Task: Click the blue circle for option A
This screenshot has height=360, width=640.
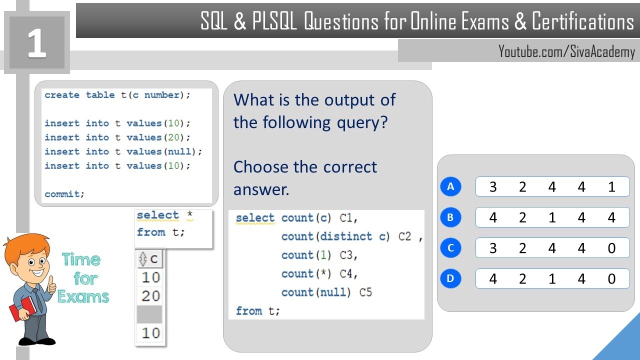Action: point(450,186)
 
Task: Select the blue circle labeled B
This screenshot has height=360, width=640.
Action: point(450,217)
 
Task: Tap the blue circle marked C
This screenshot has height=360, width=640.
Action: point(450,247)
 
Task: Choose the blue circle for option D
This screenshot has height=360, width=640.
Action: point(450,278)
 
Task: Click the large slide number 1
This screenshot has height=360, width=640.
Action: point(37,43)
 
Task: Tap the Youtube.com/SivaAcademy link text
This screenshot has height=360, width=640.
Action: point(566,51)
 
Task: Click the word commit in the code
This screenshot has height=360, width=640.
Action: point(62,194)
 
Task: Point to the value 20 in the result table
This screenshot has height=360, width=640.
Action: point(150,296)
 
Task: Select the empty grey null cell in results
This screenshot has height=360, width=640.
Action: point(149,314)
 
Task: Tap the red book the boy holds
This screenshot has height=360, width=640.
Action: point(23,308)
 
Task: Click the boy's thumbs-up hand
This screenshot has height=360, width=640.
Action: point(51,285)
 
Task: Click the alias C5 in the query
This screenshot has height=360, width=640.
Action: point(365,292)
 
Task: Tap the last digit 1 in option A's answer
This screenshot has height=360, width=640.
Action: point(611,187)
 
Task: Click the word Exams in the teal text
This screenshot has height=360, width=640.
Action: point(83,296)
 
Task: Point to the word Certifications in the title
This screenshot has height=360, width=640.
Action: point(583,21)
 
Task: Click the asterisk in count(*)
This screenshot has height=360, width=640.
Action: point(323,272)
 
